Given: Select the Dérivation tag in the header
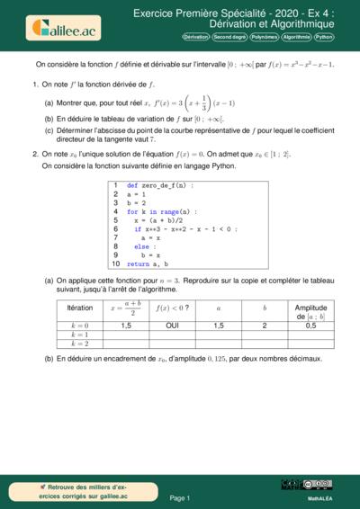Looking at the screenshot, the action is pyautogui.click(x=195, y=39).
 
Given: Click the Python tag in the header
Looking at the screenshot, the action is pyautogui.click(x=325, y=39).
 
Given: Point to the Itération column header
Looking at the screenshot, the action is pyautogui.click(x=79, y=308).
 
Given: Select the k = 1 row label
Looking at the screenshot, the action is pyautogui.click(x=79, y=334).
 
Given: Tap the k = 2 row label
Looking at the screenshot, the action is pyautogui.click(x=79, y=343).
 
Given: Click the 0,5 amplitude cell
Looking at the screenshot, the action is pyautogui.click(x=310, y=325).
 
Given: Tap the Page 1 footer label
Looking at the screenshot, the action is pyautogui.click(x=179, y=496).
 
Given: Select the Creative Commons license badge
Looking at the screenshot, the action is pyautogui.click(x=319, y=484).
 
